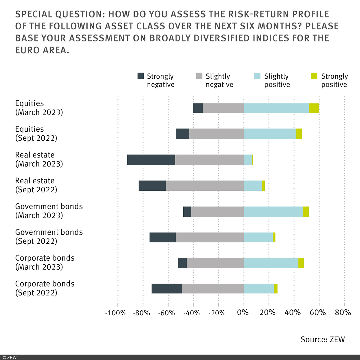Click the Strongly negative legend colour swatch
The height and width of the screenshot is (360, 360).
pyautogui.click(x=141, y=76)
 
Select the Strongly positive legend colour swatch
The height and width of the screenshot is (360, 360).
pyautogui.click(x=314, y=76)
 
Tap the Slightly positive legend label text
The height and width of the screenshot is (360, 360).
pyautogui.click(x=277, y=80)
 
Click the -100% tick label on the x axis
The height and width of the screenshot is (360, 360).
pyautogui.click(x=116, y=313)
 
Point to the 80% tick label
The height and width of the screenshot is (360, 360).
pyautogui.click(x=343, y=313)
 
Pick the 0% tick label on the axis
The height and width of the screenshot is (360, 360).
pyautogui.click(x=243, y=313)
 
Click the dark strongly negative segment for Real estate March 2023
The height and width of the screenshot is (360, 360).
pyautogui.click(x=151, y=160)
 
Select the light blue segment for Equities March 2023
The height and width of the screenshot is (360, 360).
pyautogui.click(x=276, y=108)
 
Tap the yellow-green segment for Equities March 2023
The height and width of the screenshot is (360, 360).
pyautogui.click(x=314, y=108)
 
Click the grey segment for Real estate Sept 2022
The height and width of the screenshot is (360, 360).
pyautogui.click(x=205, y=186)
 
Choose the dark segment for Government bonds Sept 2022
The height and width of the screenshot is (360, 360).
pyautogui.click(x=163, y=237)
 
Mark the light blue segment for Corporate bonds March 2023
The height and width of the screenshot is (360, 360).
pyautogui.click(x=271, y=263)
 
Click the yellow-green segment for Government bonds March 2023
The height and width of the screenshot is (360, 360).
pyautogui.click(x=306, y=211)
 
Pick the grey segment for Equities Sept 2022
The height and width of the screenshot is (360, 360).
pyautogui.click(x=216, y=134)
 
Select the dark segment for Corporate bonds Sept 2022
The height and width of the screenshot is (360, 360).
pyautogui.click(x=166, y=289)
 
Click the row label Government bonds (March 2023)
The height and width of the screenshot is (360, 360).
pyautogui.click(x=49, y=211)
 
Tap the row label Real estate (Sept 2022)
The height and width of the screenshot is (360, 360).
pyautogui.click(x=36, y=185)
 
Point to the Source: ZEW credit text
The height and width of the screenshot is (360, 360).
pyautogui.click(x=323, y=339)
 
